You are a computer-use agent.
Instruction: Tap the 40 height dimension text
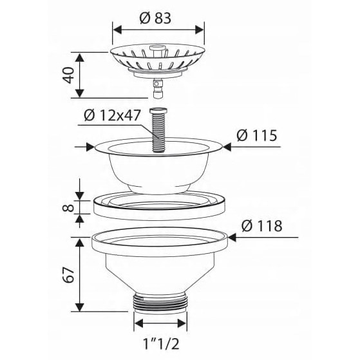pyautogui.click(x=69, y=75)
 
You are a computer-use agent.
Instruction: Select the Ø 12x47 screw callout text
pyautogui.click(x=112, y=115)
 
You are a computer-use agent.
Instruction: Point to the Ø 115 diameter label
pyautogui.click(x=257, y=135)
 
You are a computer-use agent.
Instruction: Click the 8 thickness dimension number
pyautogui.click(x=68, y=208)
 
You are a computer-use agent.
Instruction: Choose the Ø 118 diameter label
pyautogui.click(x=261, y=226)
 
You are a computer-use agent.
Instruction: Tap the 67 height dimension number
pyautogui.click(x=69, y=274)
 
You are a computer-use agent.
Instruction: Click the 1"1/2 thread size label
pyautogui.click(x=161, y=344)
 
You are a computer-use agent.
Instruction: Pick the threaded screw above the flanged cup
pyautogui.click(x=158, y=129)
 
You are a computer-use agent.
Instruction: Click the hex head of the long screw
pyautogui.click(x=158, y=110)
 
